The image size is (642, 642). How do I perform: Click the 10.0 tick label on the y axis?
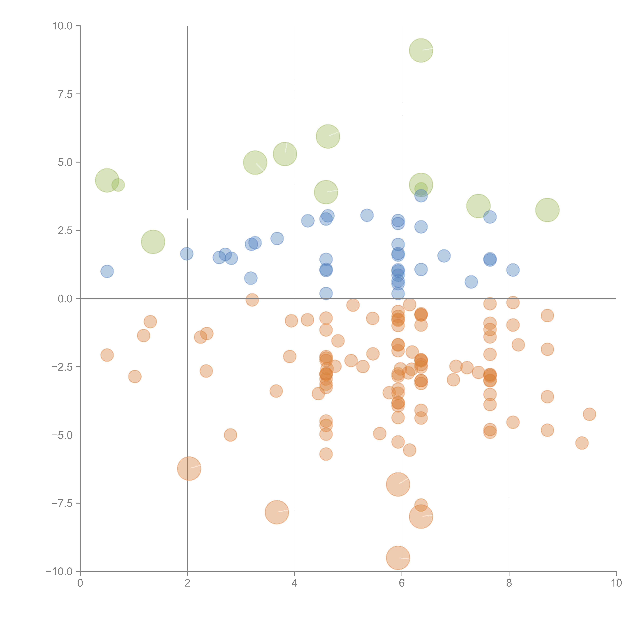coord(63,26)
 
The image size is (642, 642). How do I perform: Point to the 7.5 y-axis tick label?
coord(65,94)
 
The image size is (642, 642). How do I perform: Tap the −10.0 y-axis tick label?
coord(59,572)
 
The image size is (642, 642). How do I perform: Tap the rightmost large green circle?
coord(547,210)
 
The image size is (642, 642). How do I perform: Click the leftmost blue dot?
coord(107,271)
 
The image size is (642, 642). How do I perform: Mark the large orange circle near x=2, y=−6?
coord(189,468)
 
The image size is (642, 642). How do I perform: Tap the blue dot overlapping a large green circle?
coord(421,196)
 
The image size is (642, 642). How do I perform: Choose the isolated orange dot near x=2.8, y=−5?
coord(230,435)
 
